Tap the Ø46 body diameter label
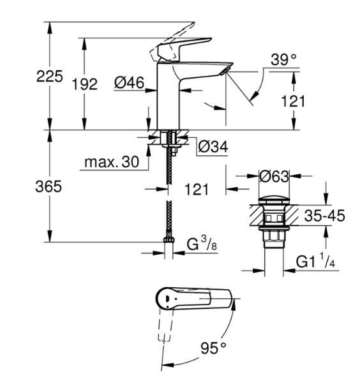click(x=130, y=83)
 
